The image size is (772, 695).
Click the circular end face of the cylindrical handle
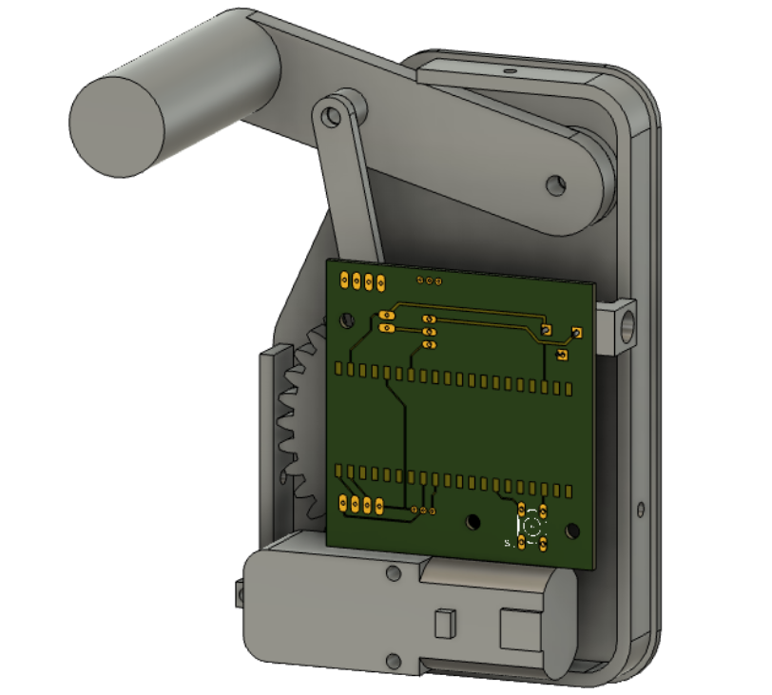pos(118,126)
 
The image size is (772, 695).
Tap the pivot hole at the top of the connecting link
pos(331,116)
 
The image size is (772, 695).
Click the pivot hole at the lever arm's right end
pos(555,183)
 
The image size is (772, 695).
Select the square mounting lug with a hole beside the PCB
pos(618,326)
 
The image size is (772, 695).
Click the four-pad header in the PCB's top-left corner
pos(361,281)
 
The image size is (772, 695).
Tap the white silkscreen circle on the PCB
pos(532,525)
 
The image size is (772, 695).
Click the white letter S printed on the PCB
pos(508,543)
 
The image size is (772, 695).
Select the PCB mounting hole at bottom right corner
pos(572,530)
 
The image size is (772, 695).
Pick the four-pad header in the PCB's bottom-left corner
pos(360,506)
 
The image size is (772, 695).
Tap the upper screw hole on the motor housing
pos(392,573)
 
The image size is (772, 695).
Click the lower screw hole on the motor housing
pos(392,659)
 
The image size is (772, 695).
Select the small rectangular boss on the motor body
pos(442,624)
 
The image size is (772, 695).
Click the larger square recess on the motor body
pos(519,628)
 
